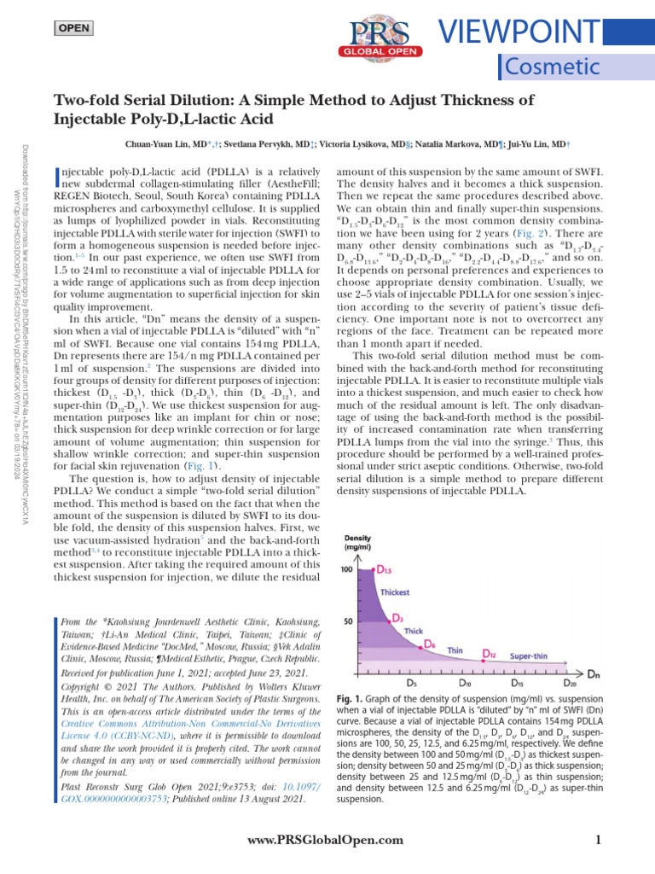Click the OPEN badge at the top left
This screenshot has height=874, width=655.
(75, 28)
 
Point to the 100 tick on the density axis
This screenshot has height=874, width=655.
(348, 569)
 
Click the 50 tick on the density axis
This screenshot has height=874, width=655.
(350, 621)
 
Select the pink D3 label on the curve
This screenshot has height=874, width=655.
(398, 617)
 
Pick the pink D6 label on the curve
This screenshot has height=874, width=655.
(432, 644)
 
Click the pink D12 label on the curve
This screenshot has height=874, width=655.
(490, 655)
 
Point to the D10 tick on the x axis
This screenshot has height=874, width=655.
(466, 683)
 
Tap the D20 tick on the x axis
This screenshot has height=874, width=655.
(572, 683)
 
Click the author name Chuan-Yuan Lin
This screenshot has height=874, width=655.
(160, 144)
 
